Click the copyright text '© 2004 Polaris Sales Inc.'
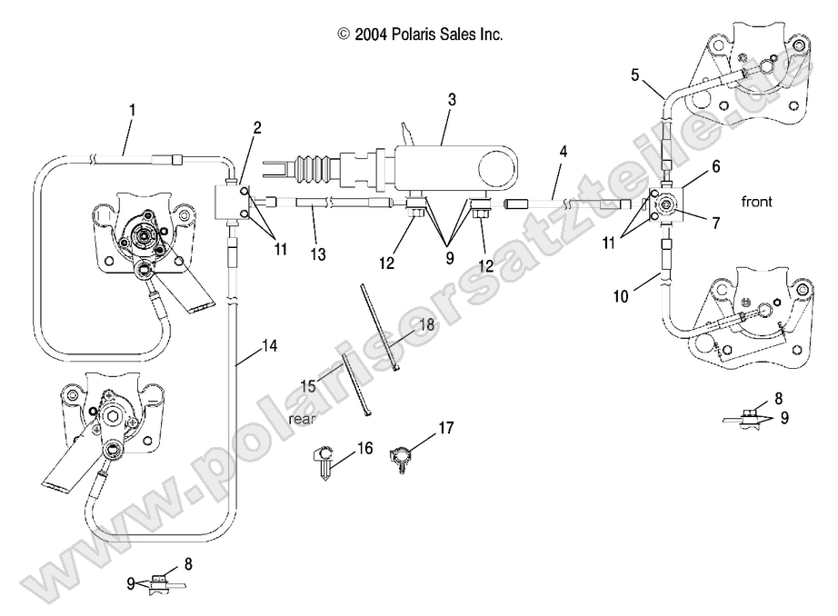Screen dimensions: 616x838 coord(420,35)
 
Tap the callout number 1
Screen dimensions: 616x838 coord(133,110)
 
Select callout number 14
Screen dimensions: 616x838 coord(269,345)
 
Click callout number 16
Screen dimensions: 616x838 coord(366,448)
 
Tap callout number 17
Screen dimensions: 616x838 coord(445,426)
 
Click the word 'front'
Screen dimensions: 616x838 coord(756,202)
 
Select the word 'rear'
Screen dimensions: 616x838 coord(302,419)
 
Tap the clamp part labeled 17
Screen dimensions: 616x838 coord(402,454)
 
